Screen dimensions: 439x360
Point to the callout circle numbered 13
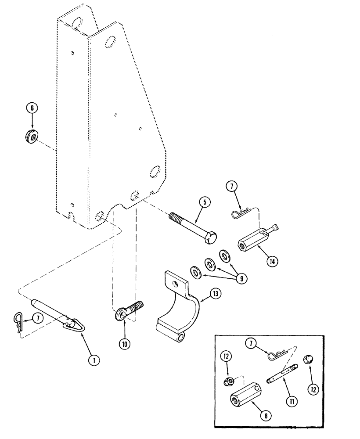click(216, 293)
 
